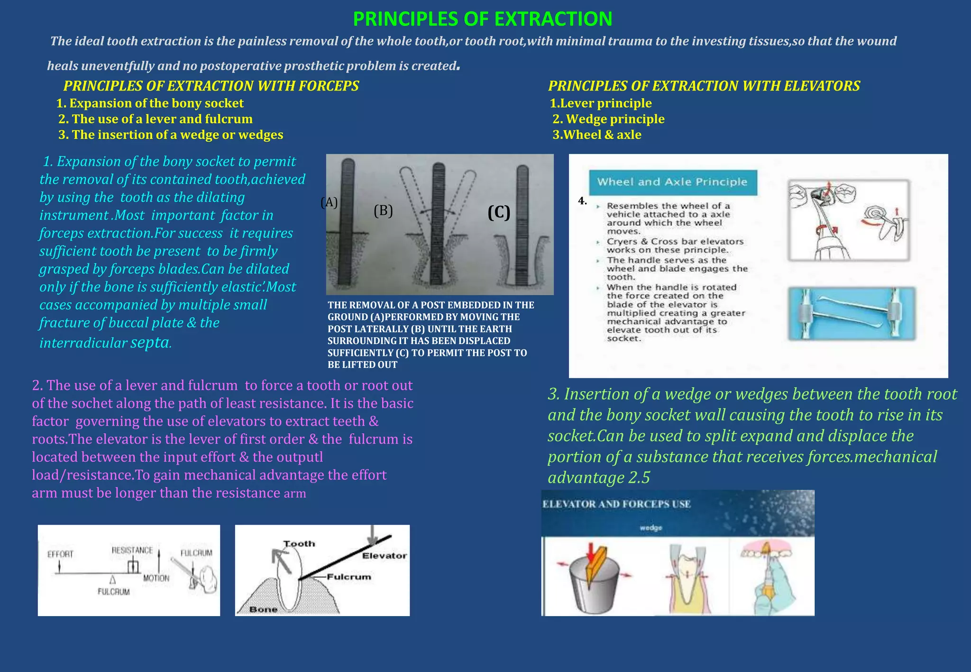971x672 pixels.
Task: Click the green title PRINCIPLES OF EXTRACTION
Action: [483, 19]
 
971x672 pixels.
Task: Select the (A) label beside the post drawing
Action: [329, 202]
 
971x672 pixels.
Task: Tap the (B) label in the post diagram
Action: [383, 211]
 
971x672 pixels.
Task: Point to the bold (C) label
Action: [499, 212]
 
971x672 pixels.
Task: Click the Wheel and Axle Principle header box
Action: [672, 182]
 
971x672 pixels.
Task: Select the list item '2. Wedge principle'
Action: [608, 119]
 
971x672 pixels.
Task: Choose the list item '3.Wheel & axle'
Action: [597, 135]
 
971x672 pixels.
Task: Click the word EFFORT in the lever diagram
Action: [60, 554]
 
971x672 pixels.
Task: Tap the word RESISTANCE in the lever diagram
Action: [132, 550]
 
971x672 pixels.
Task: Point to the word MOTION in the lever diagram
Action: [156, 578]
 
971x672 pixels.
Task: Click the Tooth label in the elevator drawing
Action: [299, 544]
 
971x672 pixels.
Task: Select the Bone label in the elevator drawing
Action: [263, 609]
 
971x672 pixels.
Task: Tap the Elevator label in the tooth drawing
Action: [384, 555]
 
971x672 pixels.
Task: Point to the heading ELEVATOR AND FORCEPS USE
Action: [616, 504]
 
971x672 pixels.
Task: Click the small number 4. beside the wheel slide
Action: [582, 201]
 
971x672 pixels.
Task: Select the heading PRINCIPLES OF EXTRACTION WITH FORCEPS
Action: [211, 86]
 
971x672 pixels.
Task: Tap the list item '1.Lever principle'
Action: [601, 103]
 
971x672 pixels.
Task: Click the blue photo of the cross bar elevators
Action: [852, 314]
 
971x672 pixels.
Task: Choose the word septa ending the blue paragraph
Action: [150, 342]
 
